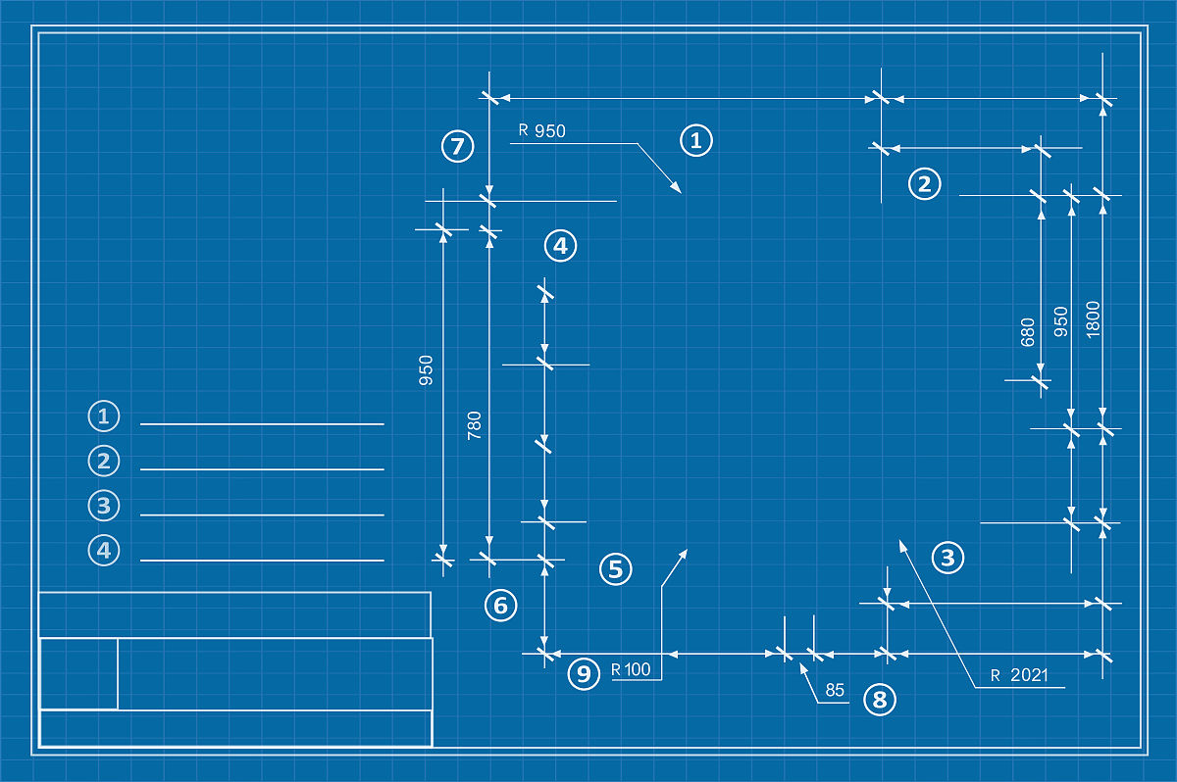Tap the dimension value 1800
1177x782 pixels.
click(1094, 318)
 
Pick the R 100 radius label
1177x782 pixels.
click(630, 670)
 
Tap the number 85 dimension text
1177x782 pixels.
click(835, 690)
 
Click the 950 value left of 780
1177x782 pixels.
click(427, 370)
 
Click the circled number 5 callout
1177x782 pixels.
click(616, 568)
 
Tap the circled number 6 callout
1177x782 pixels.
click(500, 606)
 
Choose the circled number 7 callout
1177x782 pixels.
click(457, 147)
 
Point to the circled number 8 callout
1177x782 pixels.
click(879, 700)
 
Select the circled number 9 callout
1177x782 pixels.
click(584, 673)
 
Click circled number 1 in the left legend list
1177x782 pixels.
click(103, 415)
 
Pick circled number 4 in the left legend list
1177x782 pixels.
click(103, 551)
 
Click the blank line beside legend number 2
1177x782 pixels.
click(262, 469)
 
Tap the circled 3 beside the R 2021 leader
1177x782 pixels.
click(947, 559)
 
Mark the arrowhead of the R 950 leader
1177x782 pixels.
click(677, 187)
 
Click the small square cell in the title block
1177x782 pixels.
click(78, 673)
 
